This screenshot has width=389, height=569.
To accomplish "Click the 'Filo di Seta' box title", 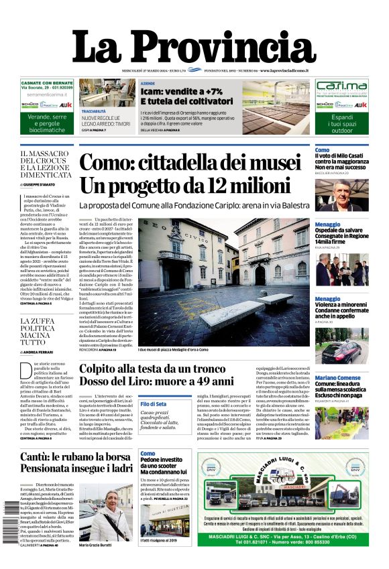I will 153,404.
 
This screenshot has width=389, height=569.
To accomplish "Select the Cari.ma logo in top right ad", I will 341,87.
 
